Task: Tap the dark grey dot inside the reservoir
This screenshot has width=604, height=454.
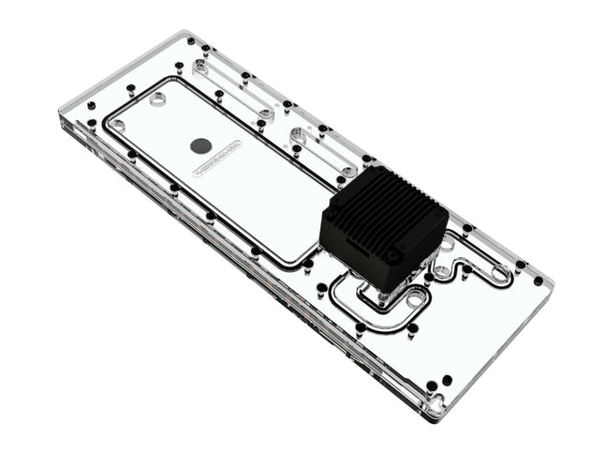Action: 200,145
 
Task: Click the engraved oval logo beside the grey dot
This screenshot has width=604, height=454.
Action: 217,159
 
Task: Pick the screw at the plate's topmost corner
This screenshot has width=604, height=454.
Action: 191,41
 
